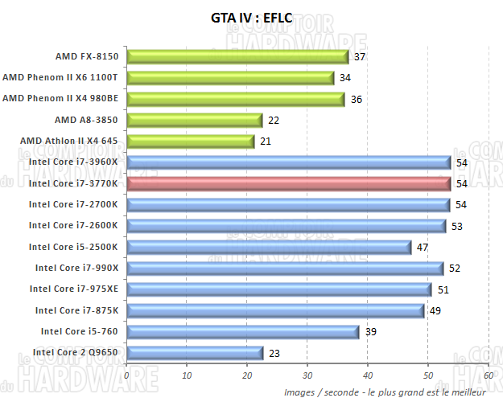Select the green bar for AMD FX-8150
237,56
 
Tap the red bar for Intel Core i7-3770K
288,183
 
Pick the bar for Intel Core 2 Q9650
195,352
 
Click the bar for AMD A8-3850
194,120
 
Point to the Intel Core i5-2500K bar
268,247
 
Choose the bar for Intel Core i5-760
243,331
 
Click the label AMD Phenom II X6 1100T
60,78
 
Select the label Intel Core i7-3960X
73,162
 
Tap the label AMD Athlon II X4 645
69,142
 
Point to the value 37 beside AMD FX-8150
360,57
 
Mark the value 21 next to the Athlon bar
264,142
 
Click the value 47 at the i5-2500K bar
421,247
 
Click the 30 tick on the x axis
307,375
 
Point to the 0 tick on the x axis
127,375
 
